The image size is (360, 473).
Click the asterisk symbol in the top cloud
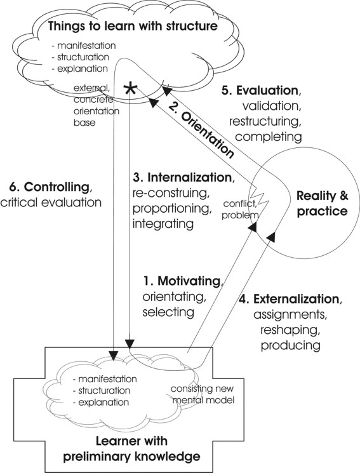(x=130, y=90)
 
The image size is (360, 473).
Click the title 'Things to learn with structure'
(x=133, y=25)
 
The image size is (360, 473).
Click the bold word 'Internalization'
(x=189, y=177)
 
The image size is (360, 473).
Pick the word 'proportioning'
(x=171, y=208)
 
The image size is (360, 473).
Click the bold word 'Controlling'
(x=56, y=187)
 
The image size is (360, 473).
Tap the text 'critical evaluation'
(x=51, y=203)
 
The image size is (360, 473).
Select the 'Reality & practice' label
(x=323, y=203)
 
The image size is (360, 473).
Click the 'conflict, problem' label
(x=240, y=210)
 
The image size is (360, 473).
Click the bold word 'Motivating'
(x=189, y=281)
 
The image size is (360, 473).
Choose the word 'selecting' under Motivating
(x=168, y=312)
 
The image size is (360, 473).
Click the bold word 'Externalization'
(x=297, y=298)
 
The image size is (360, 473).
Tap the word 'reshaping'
(x=289, y=330)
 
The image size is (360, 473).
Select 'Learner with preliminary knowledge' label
(x=131, y=449)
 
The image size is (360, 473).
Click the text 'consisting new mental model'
(x=203, y=394)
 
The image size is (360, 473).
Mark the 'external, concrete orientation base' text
(x=97, y=105)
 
